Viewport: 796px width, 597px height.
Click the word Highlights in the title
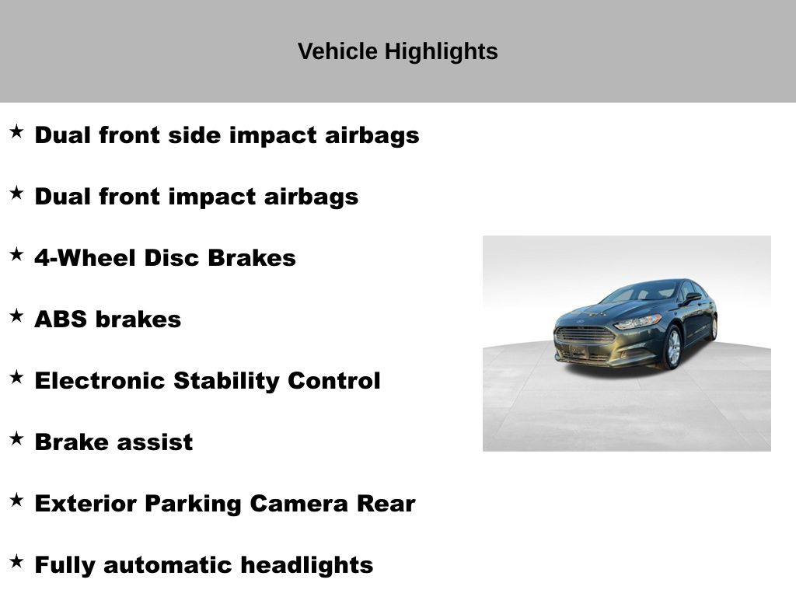click(x=441, y=52)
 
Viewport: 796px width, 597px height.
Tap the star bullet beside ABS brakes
click(x=17, y=316)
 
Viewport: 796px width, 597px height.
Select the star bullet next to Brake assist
click(x=17, y=438)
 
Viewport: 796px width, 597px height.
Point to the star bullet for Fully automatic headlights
click(x=17, y=561)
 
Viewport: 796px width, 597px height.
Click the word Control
click(x=334, y=381)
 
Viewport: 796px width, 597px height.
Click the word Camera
click(x=299, y=504)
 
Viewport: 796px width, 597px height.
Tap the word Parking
click(x=194, y=504)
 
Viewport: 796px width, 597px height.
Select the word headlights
click(x=306, y=566)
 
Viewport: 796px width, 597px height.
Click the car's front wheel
click(x=672, y=347)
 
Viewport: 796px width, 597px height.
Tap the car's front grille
click(x=585, y=335)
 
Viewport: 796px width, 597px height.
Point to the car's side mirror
click(x=693, y=297)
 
